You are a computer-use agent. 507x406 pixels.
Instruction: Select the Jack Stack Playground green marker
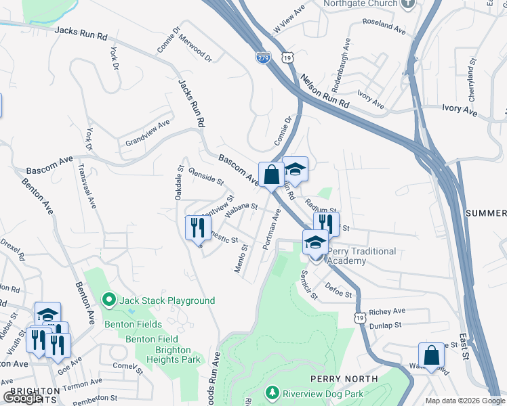coord(108,299)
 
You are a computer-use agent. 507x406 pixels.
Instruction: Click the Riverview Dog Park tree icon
coord(272,393)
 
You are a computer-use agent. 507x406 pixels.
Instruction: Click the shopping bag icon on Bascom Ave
coord(271,175)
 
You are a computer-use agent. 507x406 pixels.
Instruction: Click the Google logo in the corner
coord(22,398)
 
